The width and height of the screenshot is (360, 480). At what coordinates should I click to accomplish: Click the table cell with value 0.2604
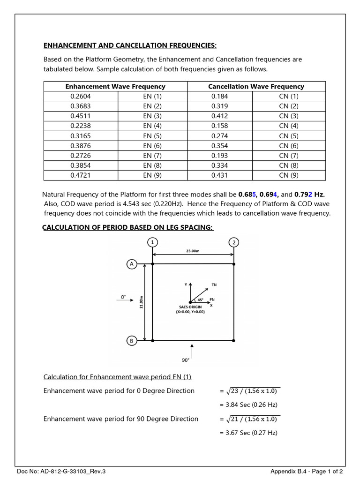pos(80,96)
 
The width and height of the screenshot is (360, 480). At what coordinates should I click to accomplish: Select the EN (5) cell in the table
pos(152,136)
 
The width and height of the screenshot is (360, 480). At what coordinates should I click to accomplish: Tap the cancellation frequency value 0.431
pos(219,175)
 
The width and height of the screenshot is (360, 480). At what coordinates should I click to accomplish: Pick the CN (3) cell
pos(289,116)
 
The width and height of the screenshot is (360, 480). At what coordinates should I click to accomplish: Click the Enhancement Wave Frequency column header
pos(115,86)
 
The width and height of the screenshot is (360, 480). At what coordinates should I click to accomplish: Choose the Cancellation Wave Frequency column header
pos(256,86)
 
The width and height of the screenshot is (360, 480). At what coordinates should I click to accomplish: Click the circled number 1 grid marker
pos(152,242)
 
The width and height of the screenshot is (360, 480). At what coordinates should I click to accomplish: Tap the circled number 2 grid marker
pos(233,242)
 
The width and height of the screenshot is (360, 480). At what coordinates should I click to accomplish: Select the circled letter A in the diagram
pos(131,264)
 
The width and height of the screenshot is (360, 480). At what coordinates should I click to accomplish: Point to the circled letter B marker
pos(131,341)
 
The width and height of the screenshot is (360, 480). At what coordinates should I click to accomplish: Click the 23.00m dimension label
pos(192,251)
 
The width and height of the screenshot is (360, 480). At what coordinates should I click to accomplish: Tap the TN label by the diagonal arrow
pos(214,285)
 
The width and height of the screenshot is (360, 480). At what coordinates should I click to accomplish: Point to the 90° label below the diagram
pos(186,360)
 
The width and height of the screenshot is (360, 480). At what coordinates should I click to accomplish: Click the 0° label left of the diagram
pos(124,297)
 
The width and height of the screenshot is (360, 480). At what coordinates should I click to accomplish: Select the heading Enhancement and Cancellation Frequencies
pos(130,45)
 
